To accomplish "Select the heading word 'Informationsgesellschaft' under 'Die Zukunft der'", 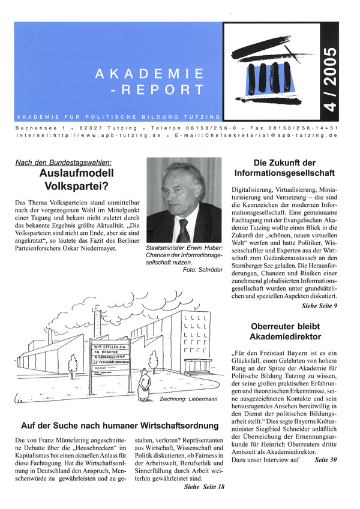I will click(284, 174).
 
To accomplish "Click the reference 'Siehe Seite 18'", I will click(204, 487).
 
